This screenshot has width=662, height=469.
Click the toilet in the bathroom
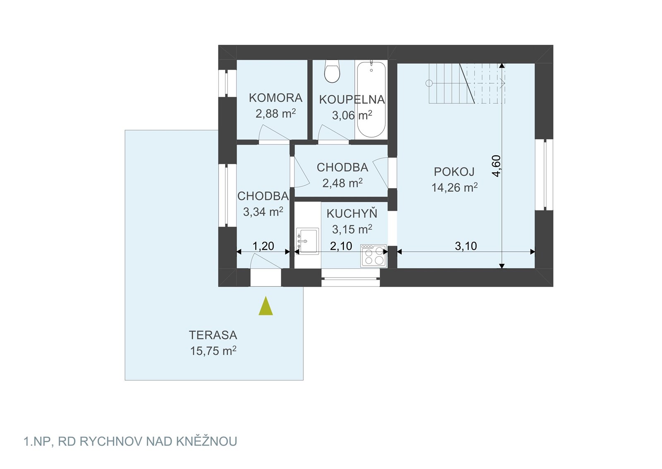point(332,71)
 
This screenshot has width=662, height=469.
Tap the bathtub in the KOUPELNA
point(372,99)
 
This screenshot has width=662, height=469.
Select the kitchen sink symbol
point(307,241)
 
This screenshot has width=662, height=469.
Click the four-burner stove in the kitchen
point(373,255)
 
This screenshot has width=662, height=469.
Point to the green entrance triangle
point(266,306)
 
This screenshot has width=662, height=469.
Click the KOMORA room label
point(276,98)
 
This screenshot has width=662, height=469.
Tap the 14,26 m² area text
point(455,187)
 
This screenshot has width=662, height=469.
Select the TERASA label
point(213,335)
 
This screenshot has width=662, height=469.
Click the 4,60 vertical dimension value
point(496,166)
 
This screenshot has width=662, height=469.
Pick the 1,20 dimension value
point(263,246)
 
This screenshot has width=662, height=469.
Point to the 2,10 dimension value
point(341,246)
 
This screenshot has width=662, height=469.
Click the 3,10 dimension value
point(466,246)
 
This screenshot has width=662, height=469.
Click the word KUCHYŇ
point(352,213)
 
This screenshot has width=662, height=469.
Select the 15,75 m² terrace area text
point(213,351)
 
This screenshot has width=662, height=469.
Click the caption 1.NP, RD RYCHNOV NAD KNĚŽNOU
point(130,442)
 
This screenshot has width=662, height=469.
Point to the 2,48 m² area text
point(343,183)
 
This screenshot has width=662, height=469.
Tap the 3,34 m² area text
point(263,212)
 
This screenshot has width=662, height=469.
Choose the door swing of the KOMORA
point(274,133)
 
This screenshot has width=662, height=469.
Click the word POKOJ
point(454,172)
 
